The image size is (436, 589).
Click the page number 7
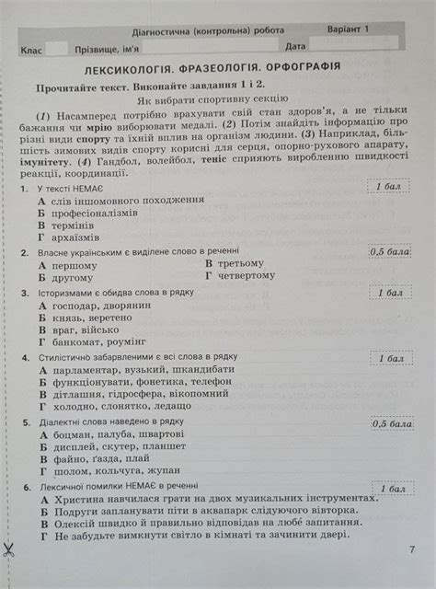pos(411,550)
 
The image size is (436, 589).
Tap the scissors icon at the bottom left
pos(8,551)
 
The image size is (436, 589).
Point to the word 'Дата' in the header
pos(295,46)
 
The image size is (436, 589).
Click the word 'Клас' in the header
pos(35,46)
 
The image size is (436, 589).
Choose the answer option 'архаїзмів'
pos(76,237)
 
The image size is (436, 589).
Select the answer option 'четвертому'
pos(246,275)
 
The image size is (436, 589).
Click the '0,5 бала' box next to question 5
pos(391,424)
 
